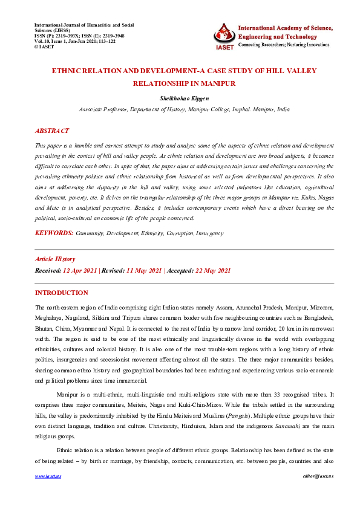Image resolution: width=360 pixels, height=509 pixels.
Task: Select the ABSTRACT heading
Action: coord(52,131)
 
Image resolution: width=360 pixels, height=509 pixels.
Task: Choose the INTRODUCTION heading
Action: coord(62,293)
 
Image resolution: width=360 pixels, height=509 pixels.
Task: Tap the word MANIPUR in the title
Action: coord(215,83)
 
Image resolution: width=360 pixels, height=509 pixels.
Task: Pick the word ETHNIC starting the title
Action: coord(70,71)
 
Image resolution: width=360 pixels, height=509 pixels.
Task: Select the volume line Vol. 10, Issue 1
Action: coord(76,41)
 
